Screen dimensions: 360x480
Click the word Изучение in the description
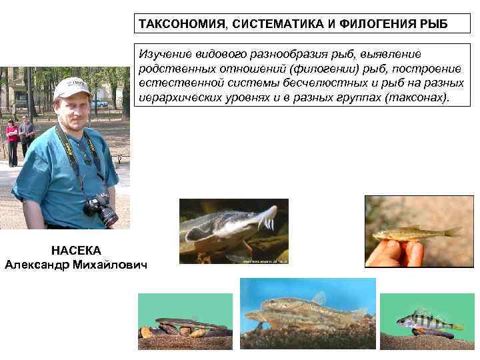pos(164,53)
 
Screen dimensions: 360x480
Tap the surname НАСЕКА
pos(76,250)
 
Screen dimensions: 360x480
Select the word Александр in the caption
pos(37,265)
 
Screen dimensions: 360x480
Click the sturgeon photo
pos(233,231)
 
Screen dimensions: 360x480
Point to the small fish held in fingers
pos(416,233)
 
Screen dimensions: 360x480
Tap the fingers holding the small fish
pos(393,252)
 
